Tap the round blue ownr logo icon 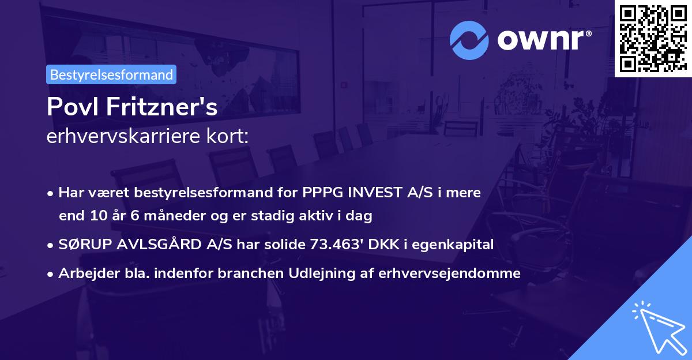(470, 40)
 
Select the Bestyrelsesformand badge (111, 74)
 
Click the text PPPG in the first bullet (319, 193)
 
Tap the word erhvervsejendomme (450, 273)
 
